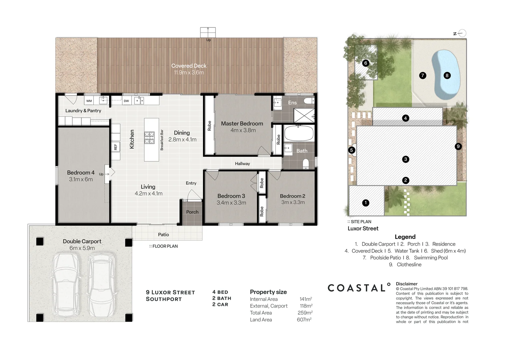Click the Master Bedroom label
242,124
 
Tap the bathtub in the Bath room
298,133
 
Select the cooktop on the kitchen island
149,138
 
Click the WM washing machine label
89,101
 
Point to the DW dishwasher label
126,101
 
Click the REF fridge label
116,147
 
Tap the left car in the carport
66,285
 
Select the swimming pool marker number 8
447,75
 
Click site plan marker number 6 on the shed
366,63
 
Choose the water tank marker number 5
351,150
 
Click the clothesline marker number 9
458,146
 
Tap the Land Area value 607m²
304,320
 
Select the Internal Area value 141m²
305,299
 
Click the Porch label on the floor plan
192,212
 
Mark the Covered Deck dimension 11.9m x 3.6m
189,73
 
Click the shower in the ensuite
304,115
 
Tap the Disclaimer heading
406,284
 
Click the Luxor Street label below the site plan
363,229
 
